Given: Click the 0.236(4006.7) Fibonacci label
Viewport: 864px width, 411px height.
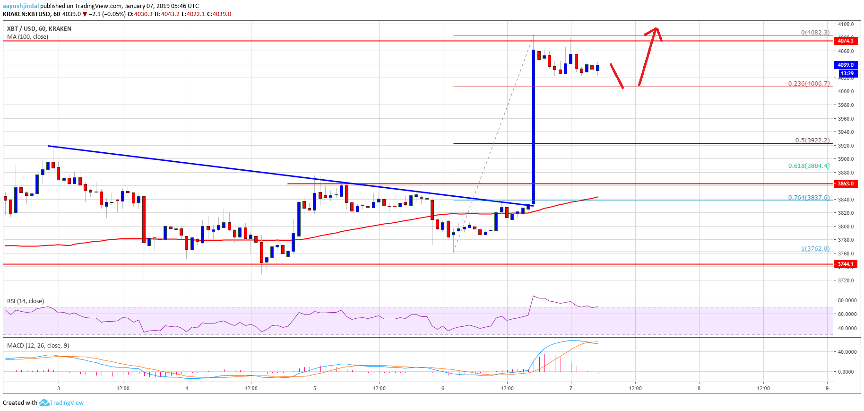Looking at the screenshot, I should click(x=808, y=83).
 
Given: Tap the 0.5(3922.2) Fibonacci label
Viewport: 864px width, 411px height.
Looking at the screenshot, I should click(x=812, y=140).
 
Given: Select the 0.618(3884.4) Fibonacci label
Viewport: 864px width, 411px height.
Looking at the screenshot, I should click(x=808, y=166).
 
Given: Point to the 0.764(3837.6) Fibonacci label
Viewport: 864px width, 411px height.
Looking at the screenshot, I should click(x=808, y=197).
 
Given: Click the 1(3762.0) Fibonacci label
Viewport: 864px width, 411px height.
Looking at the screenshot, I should click(x=815, y=248).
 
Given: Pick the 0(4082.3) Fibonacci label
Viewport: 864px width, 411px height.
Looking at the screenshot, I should click(x=815, y=33).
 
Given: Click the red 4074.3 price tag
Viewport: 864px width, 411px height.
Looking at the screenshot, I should click(x=846, y=41).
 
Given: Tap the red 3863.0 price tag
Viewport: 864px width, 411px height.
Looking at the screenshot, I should click(x=846, y=184).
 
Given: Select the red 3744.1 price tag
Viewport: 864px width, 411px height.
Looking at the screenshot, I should click(x=846, y=264).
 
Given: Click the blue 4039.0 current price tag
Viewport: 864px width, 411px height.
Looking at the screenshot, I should click(x=846, y=65).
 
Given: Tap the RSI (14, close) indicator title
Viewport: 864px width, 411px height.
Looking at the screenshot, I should click(x=26, y=301).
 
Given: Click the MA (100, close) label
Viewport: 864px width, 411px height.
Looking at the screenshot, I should click(x=27, y=36).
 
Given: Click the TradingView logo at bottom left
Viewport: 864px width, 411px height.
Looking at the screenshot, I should click(x=61, y=402).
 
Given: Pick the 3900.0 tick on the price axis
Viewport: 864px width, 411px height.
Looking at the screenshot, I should click(x=846, y=159).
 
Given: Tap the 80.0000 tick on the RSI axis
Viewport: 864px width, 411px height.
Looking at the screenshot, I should click(x=847, y=300).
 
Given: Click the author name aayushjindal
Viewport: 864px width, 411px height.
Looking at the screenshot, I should click(x=21, y=6).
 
